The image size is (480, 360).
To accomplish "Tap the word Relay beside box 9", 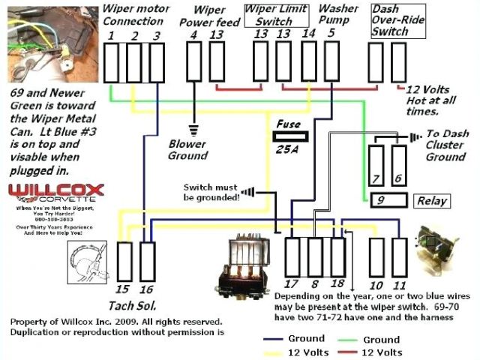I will coord(431,200).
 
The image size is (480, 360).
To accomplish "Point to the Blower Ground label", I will coord(187,149).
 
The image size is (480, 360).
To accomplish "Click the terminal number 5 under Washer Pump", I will coord(331,34).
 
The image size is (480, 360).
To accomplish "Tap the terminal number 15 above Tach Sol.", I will coord(123,289).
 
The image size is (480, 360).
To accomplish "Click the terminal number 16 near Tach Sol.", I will coord(146,289).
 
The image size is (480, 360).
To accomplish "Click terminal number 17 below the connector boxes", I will coord(292,283).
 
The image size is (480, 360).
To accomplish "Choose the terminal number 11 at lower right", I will coord(399,285).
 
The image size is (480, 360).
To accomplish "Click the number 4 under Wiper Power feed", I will coord(193,35).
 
